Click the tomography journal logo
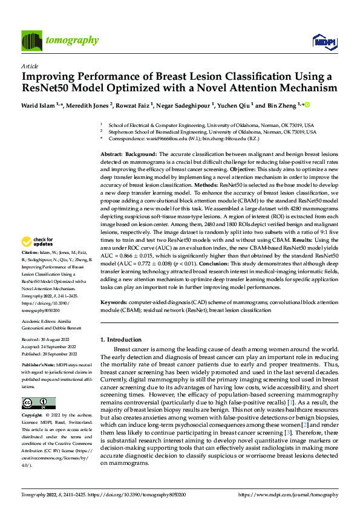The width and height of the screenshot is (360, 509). pos(60,41)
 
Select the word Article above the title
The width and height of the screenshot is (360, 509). pos(29,66)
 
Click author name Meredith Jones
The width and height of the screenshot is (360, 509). pos(89,105)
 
